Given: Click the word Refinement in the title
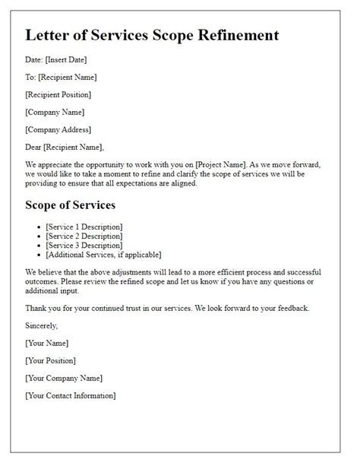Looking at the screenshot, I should (x=232, y=36).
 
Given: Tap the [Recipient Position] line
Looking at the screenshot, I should (x=58, y=94).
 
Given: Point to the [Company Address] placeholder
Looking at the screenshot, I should (x=58, y=129).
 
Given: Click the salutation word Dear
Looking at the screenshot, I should (x=35, y=147).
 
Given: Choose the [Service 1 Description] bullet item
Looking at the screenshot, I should (x=84, y=227).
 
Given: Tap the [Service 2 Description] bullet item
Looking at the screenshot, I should (x=84, y=236).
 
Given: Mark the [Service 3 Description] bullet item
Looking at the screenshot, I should (x=84, y=245).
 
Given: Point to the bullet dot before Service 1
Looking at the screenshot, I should (x=38, y=227).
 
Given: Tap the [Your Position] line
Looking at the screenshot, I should (x=51, y=360).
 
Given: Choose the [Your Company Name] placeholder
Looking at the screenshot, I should (x=64, y=378).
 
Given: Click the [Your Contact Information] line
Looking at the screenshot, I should (x=71, y=395).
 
